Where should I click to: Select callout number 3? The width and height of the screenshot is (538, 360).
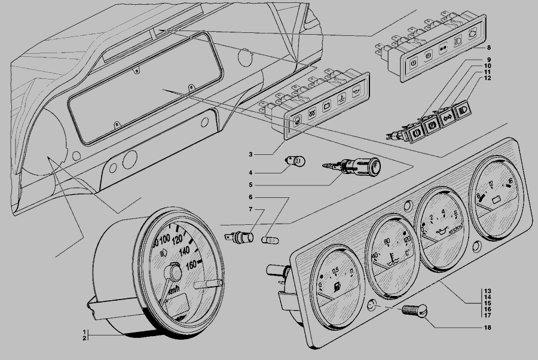point(252,154)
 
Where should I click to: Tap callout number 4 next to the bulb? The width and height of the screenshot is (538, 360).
point(252,172)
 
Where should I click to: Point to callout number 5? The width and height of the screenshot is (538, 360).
point(252,185)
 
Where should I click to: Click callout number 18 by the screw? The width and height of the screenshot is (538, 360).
point(488,328)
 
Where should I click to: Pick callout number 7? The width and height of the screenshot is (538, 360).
point(252,209)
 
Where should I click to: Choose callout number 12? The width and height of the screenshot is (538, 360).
point(488,78)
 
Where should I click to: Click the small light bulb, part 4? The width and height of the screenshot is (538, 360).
point(298,161)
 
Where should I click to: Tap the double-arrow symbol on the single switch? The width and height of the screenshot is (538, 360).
point(446,118)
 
